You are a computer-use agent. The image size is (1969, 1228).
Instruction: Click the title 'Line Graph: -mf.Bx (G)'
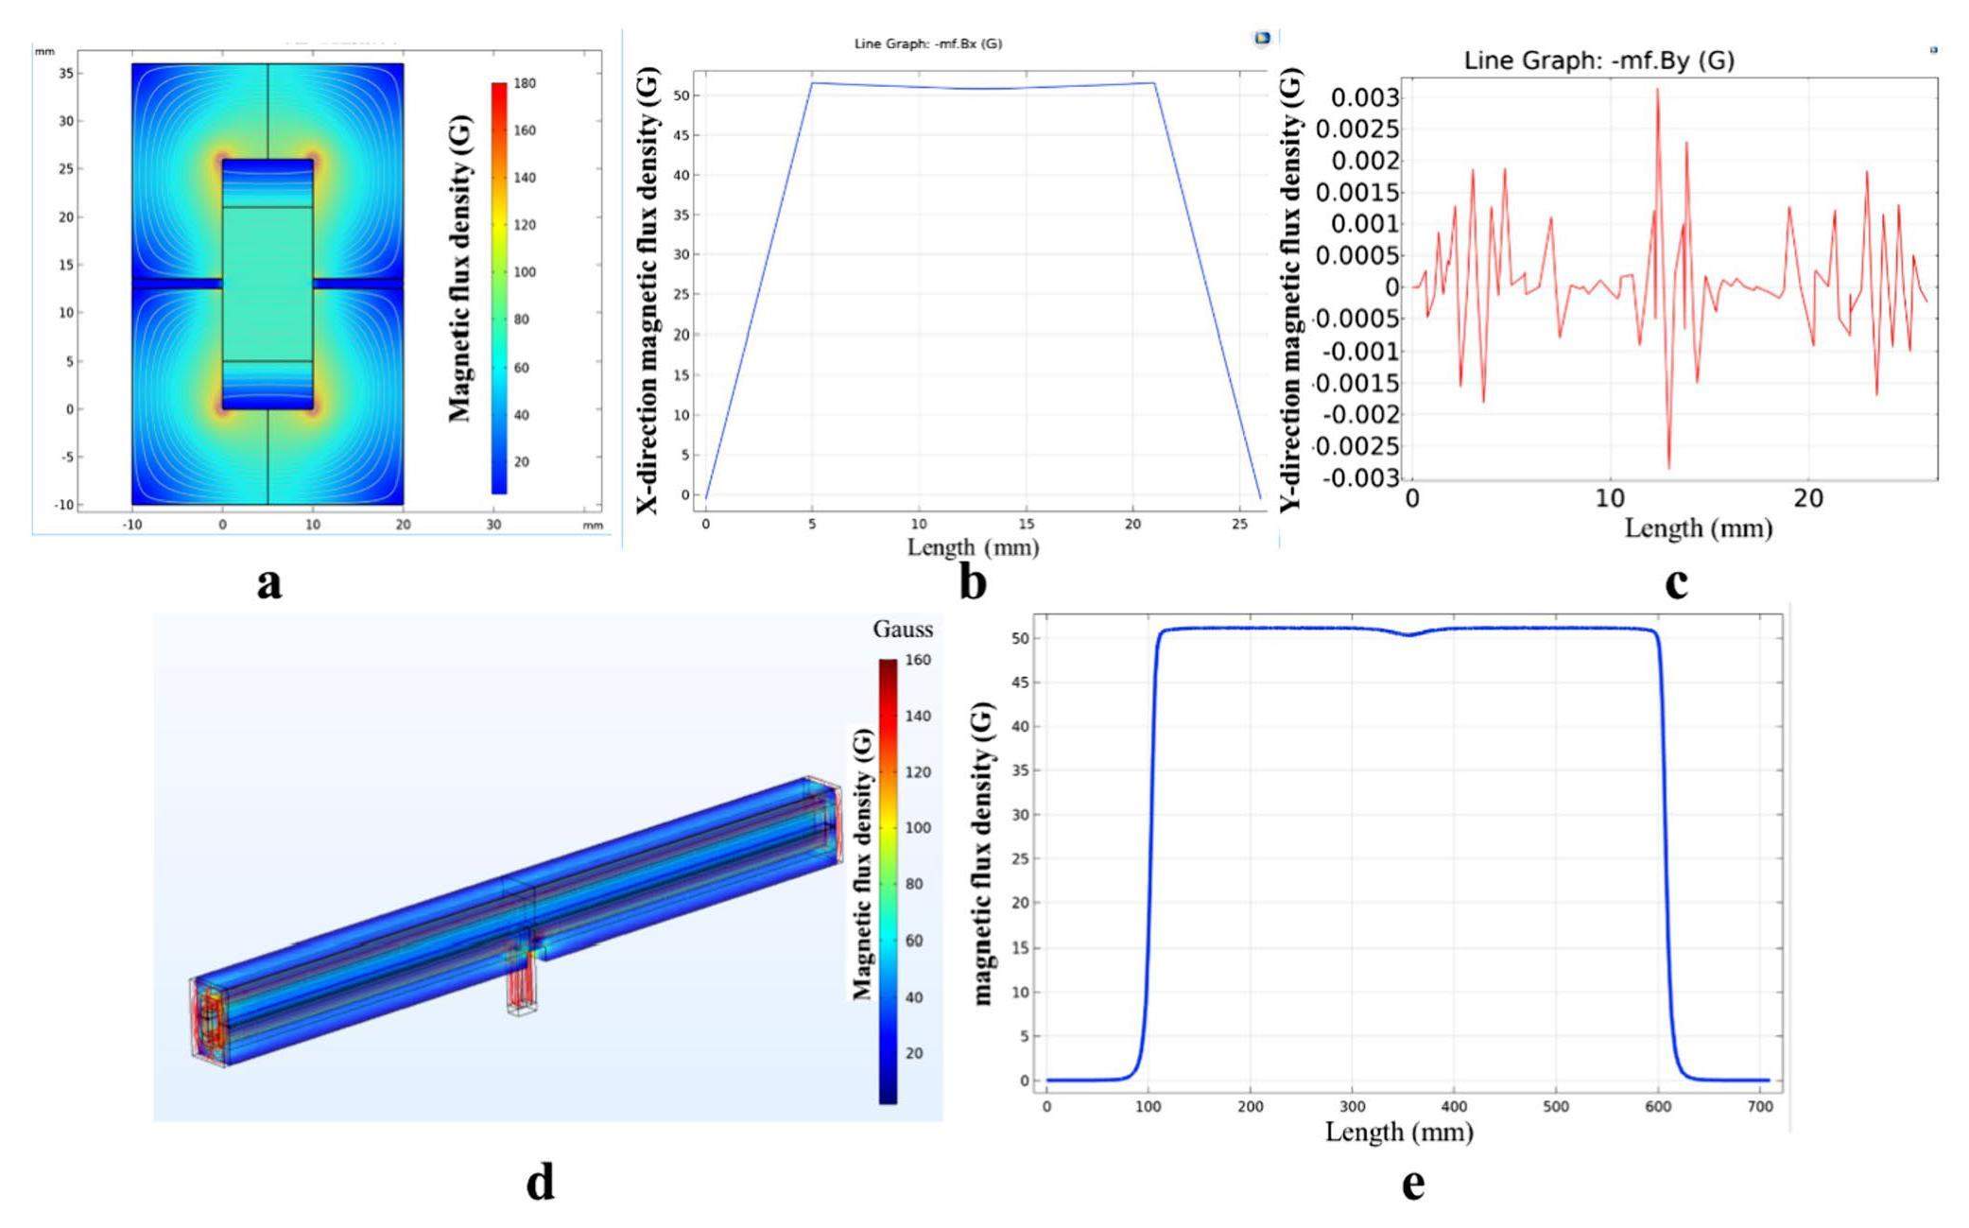[927, 43]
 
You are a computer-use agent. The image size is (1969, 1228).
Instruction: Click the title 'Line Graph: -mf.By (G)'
[1598, 61]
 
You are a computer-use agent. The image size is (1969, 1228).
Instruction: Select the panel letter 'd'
[540, 1182]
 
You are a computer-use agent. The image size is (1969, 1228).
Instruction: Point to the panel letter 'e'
[1412, 1183]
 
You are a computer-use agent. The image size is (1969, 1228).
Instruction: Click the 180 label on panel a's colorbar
[525, 83]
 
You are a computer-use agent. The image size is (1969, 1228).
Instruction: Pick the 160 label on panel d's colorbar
[917, 660]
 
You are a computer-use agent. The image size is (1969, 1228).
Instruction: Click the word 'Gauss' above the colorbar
[902, 630]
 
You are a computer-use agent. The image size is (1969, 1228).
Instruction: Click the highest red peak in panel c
[1657, 90]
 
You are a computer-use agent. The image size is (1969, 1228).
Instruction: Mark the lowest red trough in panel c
[1668, 467]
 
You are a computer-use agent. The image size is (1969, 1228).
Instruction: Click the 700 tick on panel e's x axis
[1759, 1106]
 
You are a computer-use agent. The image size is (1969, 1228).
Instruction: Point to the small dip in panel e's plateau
[1409, 635]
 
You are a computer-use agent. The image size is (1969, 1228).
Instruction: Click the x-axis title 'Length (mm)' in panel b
[973, 546]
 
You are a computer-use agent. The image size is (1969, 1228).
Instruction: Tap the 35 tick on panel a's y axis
[65, 73]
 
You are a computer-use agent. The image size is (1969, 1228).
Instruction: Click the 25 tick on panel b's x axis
[1239, 524]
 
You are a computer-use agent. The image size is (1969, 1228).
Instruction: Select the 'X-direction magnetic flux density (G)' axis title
[648, 291]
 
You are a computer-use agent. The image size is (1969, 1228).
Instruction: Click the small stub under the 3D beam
[522, 988]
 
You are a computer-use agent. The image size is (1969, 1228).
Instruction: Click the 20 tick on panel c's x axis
[1807, 499]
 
